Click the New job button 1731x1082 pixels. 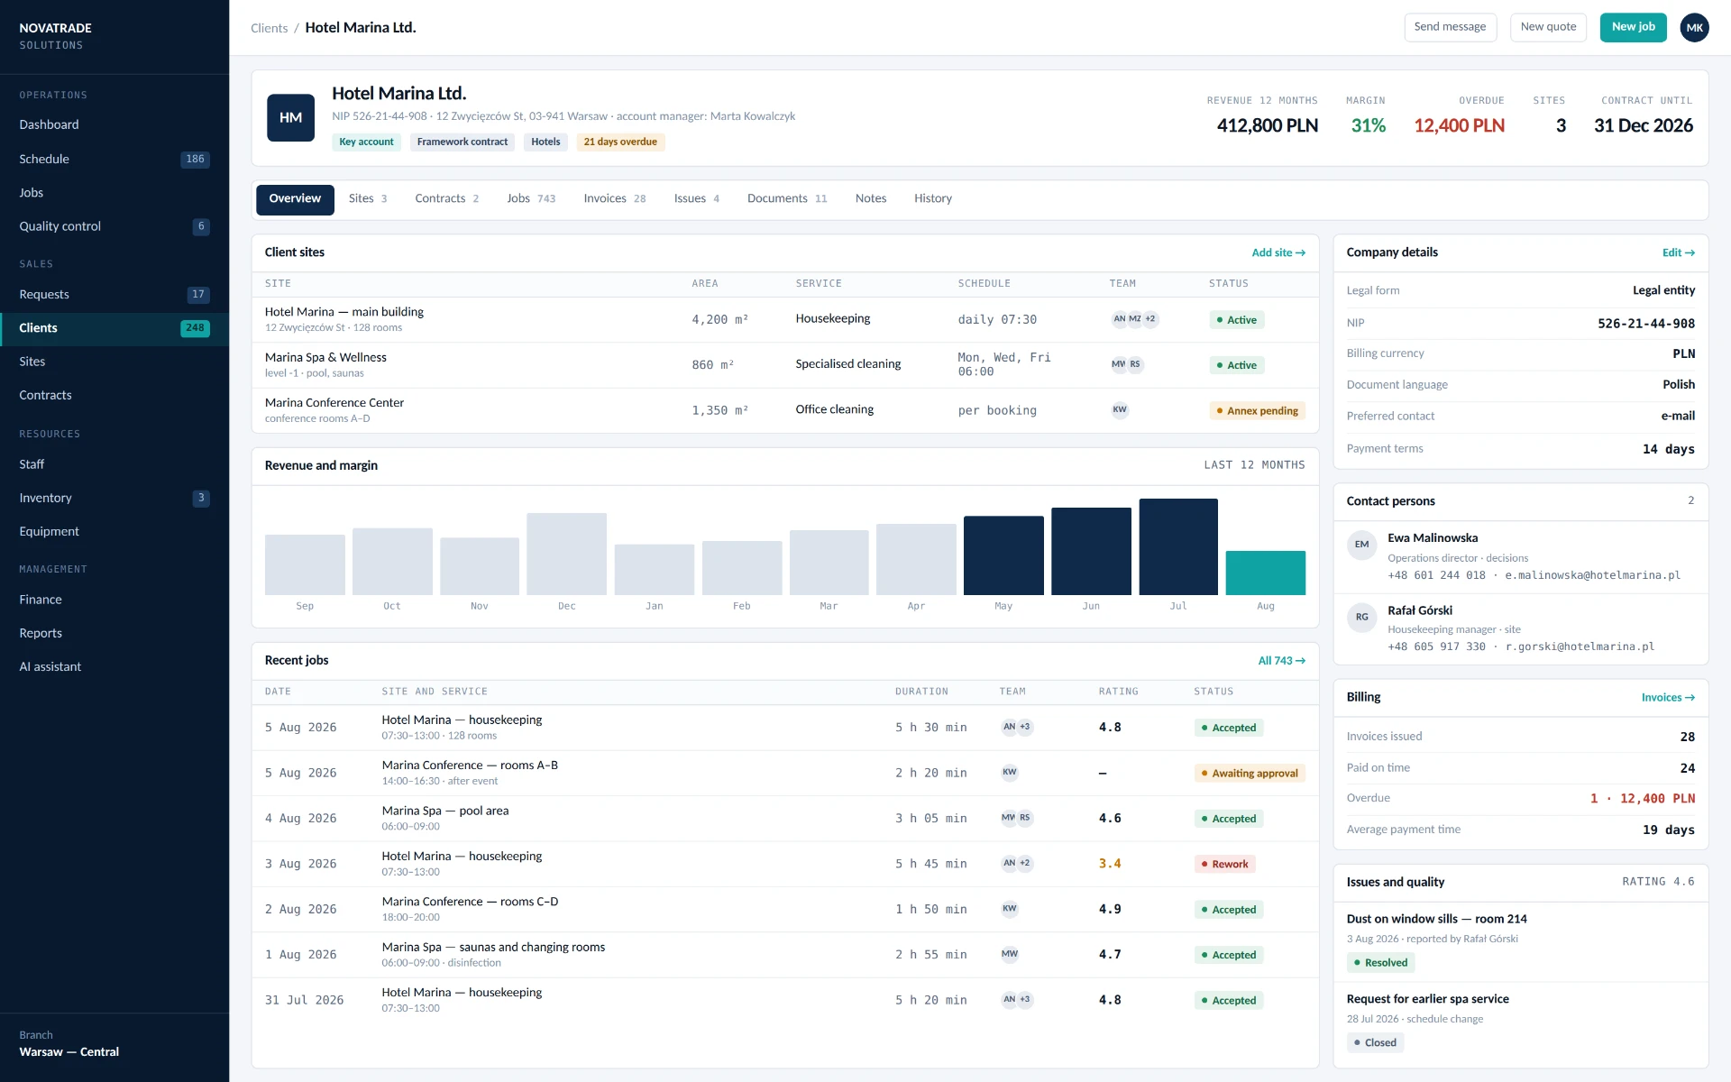coord(1633,27)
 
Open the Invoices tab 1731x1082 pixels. coord(614,199)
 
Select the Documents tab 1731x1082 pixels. coord(786,199)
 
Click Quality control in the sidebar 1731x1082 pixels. coord(60,226)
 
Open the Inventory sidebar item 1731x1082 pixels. coord(45,498)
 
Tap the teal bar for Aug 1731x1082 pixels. coord(1265,573)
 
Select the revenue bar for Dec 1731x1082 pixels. coord(567,554)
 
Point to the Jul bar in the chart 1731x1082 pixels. coord(1178,546)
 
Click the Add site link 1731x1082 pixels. coord(1278,253)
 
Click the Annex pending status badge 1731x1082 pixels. coord(1257,411)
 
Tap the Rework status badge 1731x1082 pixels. coord(1224,864)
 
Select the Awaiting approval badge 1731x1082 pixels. coord(1250,774)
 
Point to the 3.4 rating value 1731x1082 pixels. coord(1110,864)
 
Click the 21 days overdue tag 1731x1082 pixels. coord(620,142)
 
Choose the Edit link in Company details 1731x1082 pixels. coord(1679,253)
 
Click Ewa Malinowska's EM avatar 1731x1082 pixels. coord(1361,545)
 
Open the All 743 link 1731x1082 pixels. coord(1281,661)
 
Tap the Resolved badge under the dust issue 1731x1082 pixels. coord(1380,963)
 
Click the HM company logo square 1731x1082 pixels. coord(290,118)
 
